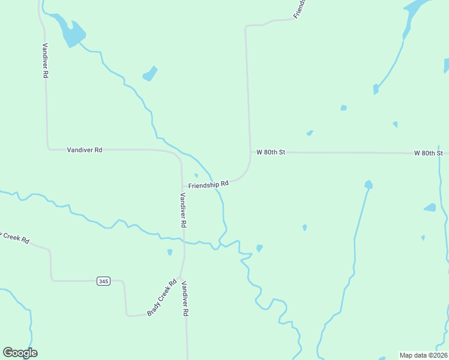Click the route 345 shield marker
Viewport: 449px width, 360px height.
pos(103,281)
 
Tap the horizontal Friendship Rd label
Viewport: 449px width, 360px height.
pos(208,185)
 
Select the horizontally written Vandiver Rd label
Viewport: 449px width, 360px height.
pos(85,149)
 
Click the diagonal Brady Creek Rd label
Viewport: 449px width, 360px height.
pos(162,298)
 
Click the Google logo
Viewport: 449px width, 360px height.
pos(20,353)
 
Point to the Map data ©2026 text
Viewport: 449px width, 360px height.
pos(423,355)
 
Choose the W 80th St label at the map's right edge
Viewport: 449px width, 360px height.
pos(429,153)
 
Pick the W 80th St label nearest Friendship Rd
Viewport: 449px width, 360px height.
pos(270,152)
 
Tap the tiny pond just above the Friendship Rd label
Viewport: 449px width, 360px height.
pos(196,175)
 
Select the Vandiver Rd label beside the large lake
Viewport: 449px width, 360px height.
pos(44,61)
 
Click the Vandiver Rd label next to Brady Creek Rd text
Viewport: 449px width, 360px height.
pos(185,299)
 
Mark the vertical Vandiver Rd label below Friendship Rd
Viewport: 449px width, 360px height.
pos(184,210)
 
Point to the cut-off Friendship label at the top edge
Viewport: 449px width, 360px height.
pos(300,8)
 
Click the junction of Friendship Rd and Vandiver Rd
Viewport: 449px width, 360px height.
pos(182,186)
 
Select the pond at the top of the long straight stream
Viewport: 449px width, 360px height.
pos(368,184)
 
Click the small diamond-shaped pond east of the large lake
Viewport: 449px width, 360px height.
pos(150,74)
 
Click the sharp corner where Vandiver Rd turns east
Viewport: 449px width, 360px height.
pos(48,148)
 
